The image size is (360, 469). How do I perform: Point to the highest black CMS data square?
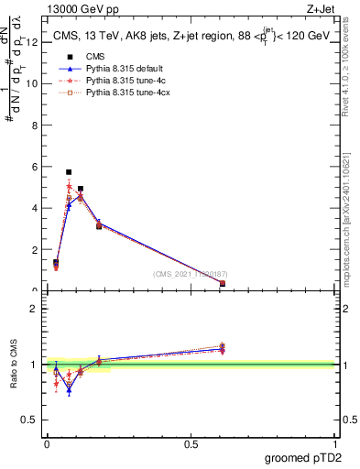(x=69, y=171)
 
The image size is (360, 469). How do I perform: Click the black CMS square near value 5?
(x=81, y=189)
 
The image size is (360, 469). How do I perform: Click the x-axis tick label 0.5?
(x=191, y=444)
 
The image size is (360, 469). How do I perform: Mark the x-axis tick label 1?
(x=336, y=444)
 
